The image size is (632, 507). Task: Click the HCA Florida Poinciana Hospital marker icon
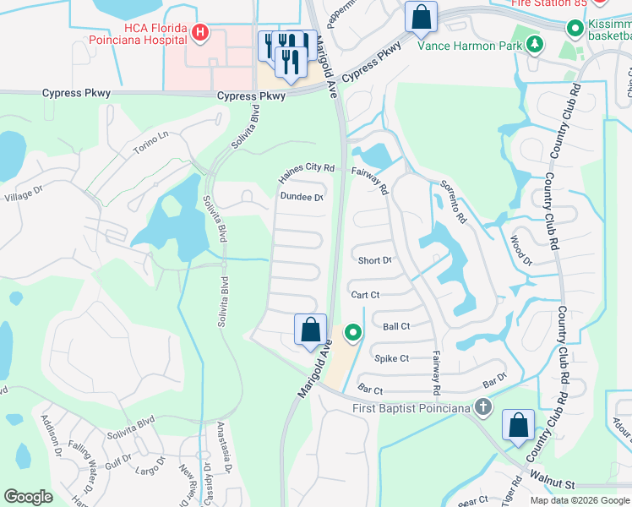(x=200, y=34)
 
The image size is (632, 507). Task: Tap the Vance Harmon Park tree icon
(x=533, y=44)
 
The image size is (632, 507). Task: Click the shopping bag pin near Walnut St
(x=518, y=425)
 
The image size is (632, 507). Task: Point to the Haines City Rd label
(x=308, y=172)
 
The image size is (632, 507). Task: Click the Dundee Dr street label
(x=302, y=197)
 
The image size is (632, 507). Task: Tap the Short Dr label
(x=376, y=260)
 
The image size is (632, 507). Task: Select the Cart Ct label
(x=366, y=295)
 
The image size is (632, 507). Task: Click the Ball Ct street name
(x=396, y=326)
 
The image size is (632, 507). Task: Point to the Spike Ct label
(x=391, y=358)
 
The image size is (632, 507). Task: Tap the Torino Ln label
(x=151, y=144)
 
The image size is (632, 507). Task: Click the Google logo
(x=28, y=497)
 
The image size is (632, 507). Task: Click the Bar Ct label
(x=371, y=390)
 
